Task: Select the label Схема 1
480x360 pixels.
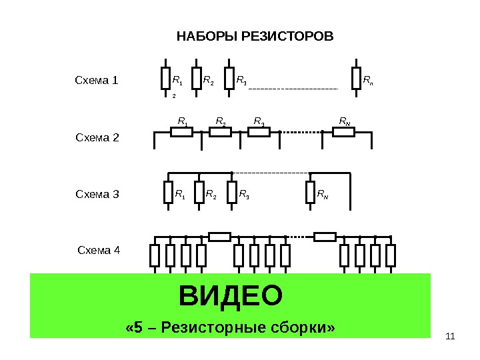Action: point(95,81)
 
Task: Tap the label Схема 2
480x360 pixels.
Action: point(97,138)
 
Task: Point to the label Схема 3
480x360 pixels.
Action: point(97,195)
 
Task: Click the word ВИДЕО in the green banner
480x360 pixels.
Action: point(231,295)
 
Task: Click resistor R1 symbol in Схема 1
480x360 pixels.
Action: point(165,79)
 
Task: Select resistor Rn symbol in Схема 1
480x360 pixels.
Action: point(356,79)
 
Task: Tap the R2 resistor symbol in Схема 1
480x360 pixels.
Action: point(197,79)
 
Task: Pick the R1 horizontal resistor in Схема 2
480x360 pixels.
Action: point(182,132)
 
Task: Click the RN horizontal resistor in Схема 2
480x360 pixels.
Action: point(343,132)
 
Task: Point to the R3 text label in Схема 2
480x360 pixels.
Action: point(259,121)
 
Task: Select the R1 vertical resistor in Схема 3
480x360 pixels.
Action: point(168,193)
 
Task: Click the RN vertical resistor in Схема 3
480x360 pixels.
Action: point(310,193)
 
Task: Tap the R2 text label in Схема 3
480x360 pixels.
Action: point(211,195)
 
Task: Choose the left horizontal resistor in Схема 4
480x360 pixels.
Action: point(219,236)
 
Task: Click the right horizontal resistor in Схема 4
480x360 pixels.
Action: point(325,236)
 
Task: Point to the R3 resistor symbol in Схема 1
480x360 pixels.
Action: point(229,79)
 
